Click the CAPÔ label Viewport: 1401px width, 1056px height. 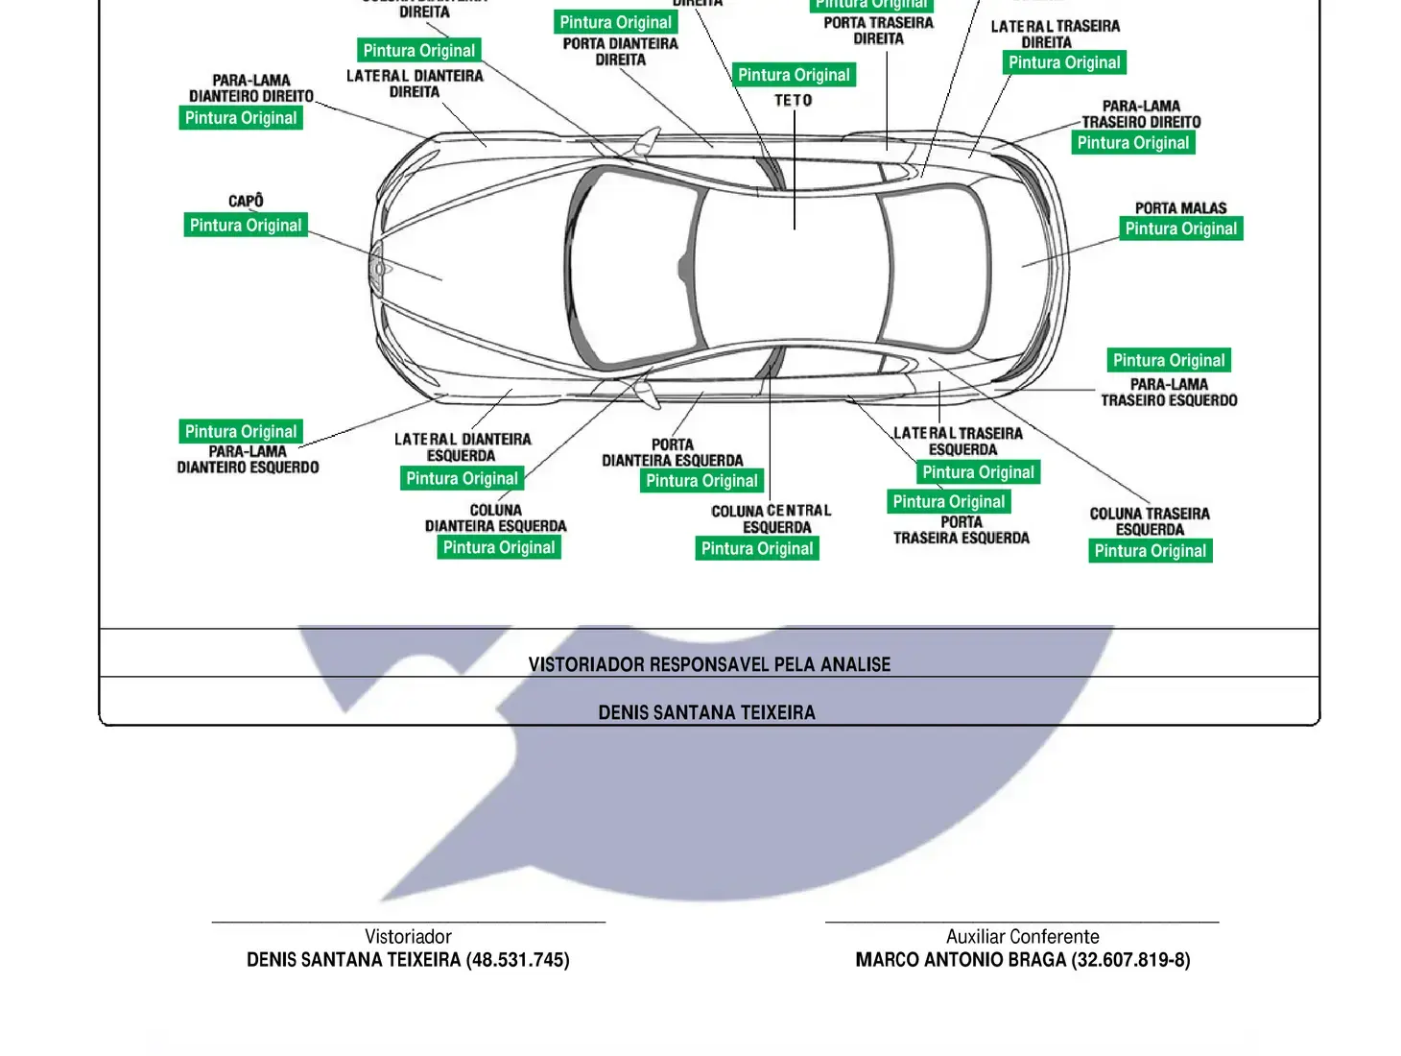(246, 201)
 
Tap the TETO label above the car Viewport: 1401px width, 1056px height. (794, 100)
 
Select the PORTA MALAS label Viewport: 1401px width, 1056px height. (1180, 207)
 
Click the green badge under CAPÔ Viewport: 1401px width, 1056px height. (246, 225)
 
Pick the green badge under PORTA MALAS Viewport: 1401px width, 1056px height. (1180, 228)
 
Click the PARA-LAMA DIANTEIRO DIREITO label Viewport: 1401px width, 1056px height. (250, 88)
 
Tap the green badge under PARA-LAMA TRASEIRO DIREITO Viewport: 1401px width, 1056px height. (1132, 142)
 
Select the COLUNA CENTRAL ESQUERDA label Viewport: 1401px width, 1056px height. (772, 518)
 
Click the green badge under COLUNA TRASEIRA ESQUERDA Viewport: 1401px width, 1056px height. (1150, 550)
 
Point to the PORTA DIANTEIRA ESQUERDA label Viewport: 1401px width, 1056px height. (672, 452)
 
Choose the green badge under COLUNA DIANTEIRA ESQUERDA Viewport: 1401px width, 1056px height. (499, 547)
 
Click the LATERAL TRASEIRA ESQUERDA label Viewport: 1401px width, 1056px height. (958, 441)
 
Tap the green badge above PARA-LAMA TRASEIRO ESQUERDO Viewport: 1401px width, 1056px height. (1169, 360)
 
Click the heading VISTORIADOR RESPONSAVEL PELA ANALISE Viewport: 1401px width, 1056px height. (709, 664)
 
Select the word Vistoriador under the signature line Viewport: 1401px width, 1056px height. (408, 936)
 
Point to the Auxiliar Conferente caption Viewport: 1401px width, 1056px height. (1022, 936)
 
